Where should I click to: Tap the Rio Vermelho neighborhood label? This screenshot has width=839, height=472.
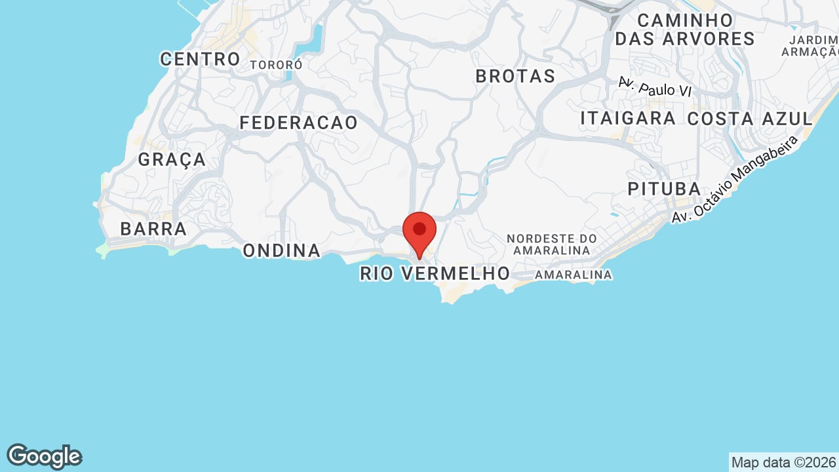pos(435,273)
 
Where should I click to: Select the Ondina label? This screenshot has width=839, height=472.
pos(282,250)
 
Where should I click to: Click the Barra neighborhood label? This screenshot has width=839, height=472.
pos(154,229)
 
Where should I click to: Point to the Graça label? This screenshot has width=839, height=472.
pos(172,159)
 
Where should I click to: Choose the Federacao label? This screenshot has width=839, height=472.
pos(299,123)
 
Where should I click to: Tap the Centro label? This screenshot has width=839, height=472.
pos(201,59)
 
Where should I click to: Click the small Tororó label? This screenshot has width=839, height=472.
pos(276,65)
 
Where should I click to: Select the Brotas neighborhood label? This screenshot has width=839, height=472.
pos(515,76)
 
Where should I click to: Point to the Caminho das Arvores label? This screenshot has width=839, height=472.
pos(685,29)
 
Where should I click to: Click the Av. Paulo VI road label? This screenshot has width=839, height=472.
pos(655,87)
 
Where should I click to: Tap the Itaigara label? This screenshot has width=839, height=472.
pos(628,119)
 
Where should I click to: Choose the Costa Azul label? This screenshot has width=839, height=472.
pos(750,119)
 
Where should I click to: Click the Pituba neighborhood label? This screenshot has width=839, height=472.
pos(665,189)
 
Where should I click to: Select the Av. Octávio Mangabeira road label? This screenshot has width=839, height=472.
pos(735,178)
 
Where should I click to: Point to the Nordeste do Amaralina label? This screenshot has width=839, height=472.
pos(552,244)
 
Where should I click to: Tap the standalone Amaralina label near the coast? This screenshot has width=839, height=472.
pos(574,275)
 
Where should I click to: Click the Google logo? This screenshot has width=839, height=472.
pos(44,456)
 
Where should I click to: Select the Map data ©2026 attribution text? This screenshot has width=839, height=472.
pos(784,462)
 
